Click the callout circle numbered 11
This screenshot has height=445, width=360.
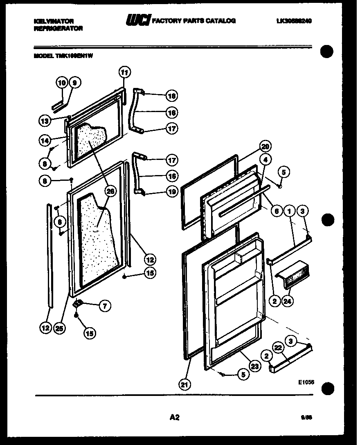click(x=124, y=72)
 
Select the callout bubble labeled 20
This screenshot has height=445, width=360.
click(x=265, y=147)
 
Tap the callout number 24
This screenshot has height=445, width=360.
click(x=288, y=301)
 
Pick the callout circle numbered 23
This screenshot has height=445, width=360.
click(x=255, y=366)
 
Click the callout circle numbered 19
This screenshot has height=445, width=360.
click(x=172, y=191)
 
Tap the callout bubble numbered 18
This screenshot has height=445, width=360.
click(x=172, y=96)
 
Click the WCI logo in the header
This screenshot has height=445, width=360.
click(x=138, y=20)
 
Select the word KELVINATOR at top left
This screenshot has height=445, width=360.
click(x=53, y=21)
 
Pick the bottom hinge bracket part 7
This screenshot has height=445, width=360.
click(x=77, y=304)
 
